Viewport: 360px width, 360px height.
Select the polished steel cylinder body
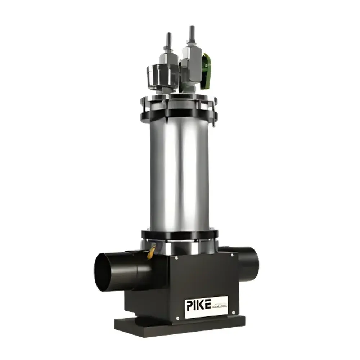pyautogui.click(x=179, y=173)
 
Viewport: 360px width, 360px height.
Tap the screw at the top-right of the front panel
pyautogui.click(x=232, y=255)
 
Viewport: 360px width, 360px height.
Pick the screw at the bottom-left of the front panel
pyautogui.click(x=177, y=318)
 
